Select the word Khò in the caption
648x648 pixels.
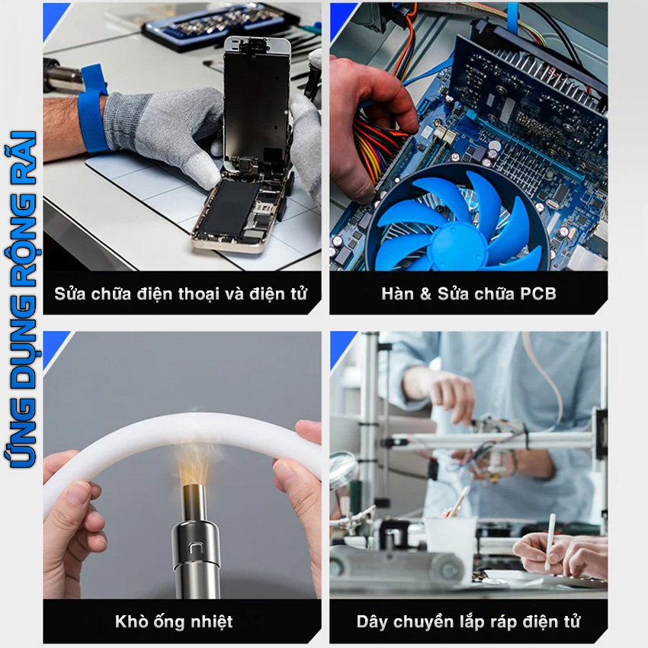coord(128,621)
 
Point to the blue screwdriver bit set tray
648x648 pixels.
coord(220,27)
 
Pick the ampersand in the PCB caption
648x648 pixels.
coord(425,294)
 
